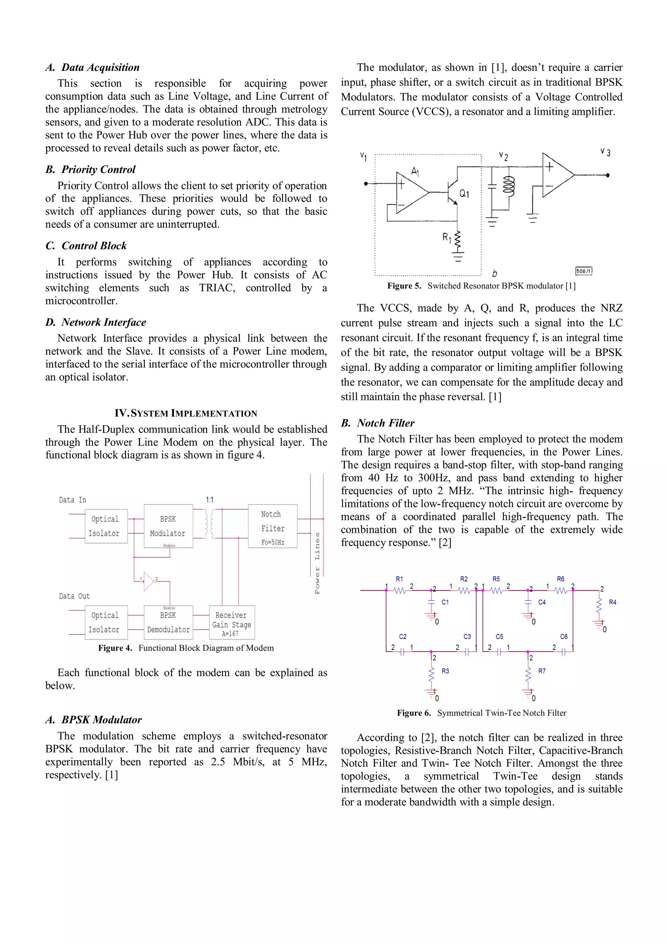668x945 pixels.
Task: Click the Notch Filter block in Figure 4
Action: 272,526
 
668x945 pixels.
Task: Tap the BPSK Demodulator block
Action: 168,622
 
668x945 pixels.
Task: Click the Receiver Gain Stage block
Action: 231,622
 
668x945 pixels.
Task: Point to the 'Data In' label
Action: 72,500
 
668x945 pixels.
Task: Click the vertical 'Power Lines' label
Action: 317,563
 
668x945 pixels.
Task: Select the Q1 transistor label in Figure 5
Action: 464,193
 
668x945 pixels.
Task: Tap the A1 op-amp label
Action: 415,171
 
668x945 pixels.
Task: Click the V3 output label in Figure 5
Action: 605,152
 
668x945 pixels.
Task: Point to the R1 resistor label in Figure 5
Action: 447,237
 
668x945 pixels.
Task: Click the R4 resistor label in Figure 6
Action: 613,602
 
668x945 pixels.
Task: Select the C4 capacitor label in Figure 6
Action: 542,602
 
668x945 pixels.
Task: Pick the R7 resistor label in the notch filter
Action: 542,671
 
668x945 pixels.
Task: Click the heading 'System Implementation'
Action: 186,413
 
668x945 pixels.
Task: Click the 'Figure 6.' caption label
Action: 414,713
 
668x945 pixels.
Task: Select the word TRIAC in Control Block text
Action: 217,288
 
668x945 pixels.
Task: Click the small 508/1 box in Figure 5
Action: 583,271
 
